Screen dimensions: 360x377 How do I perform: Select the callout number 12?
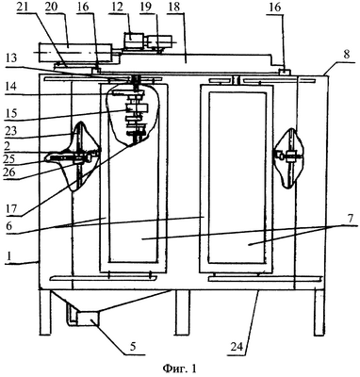tap(118, 8)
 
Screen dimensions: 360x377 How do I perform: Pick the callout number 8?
tap(347, 54)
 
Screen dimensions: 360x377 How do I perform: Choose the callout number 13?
tap(10, 58)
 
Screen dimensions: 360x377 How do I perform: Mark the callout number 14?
tap(10, 86)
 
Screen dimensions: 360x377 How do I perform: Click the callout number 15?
tap(10, 113)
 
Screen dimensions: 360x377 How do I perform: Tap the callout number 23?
tap(10, 131)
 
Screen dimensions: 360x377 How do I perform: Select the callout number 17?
tap(10, 208)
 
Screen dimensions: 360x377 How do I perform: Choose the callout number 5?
tap(133, 347)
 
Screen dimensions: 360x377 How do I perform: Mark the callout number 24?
tap(237, 347)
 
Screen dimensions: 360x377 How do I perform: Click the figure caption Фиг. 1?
tap(179, 369)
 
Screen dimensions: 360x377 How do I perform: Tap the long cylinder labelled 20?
tap(74, 53)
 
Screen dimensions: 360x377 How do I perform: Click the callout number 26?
tap(10, 172)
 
